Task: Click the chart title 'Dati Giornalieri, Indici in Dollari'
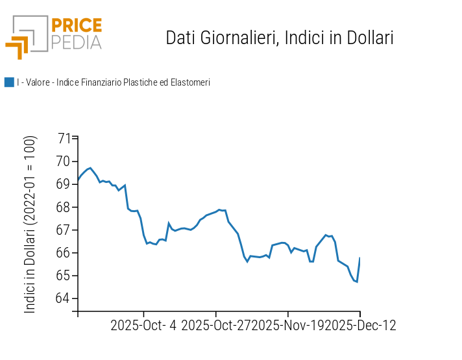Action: click(280, 38)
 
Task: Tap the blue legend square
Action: click(9, 82)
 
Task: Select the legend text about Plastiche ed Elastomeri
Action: click(114, 82)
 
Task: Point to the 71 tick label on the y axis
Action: click(64, 138)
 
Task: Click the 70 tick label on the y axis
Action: click(64, 162)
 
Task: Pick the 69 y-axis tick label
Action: click(64, 184)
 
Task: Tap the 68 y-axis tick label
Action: click(64, 207)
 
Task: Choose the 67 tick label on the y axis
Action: click(64, 230)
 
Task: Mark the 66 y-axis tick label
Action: click(64, 252)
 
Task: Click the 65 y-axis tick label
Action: click(64, 276)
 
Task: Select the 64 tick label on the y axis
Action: click(64, 298)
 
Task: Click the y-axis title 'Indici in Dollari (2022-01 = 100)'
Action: click(30, 224)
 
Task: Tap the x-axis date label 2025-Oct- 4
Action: click(143, 325)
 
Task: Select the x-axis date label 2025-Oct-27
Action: click(217, 325)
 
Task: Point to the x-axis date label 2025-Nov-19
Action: click(289, 325)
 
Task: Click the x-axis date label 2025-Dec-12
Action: click(360, 325)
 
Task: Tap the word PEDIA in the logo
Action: click(76, 42)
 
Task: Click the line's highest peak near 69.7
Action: click(90, 168)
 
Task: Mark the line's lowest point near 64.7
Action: click(357, 282)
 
